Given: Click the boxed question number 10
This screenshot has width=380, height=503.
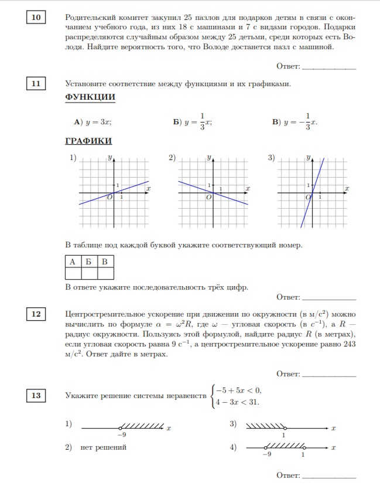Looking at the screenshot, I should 36,18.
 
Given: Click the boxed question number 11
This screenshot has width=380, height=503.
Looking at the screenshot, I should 36,84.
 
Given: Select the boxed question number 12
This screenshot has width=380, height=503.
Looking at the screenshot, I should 36,315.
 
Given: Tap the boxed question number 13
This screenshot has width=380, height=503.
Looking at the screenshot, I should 36,396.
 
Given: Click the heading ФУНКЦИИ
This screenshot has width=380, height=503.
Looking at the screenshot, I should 90,97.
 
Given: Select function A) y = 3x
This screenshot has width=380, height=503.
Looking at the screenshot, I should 93,122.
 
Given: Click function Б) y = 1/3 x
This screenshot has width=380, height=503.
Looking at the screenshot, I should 192,122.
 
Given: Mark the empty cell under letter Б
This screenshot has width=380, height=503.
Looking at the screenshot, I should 88,273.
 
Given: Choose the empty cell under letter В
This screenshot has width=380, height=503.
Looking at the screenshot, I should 105,273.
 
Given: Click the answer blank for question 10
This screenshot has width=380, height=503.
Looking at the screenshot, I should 328,69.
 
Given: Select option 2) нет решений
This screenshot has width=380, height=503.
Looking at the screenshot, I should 97,447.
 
